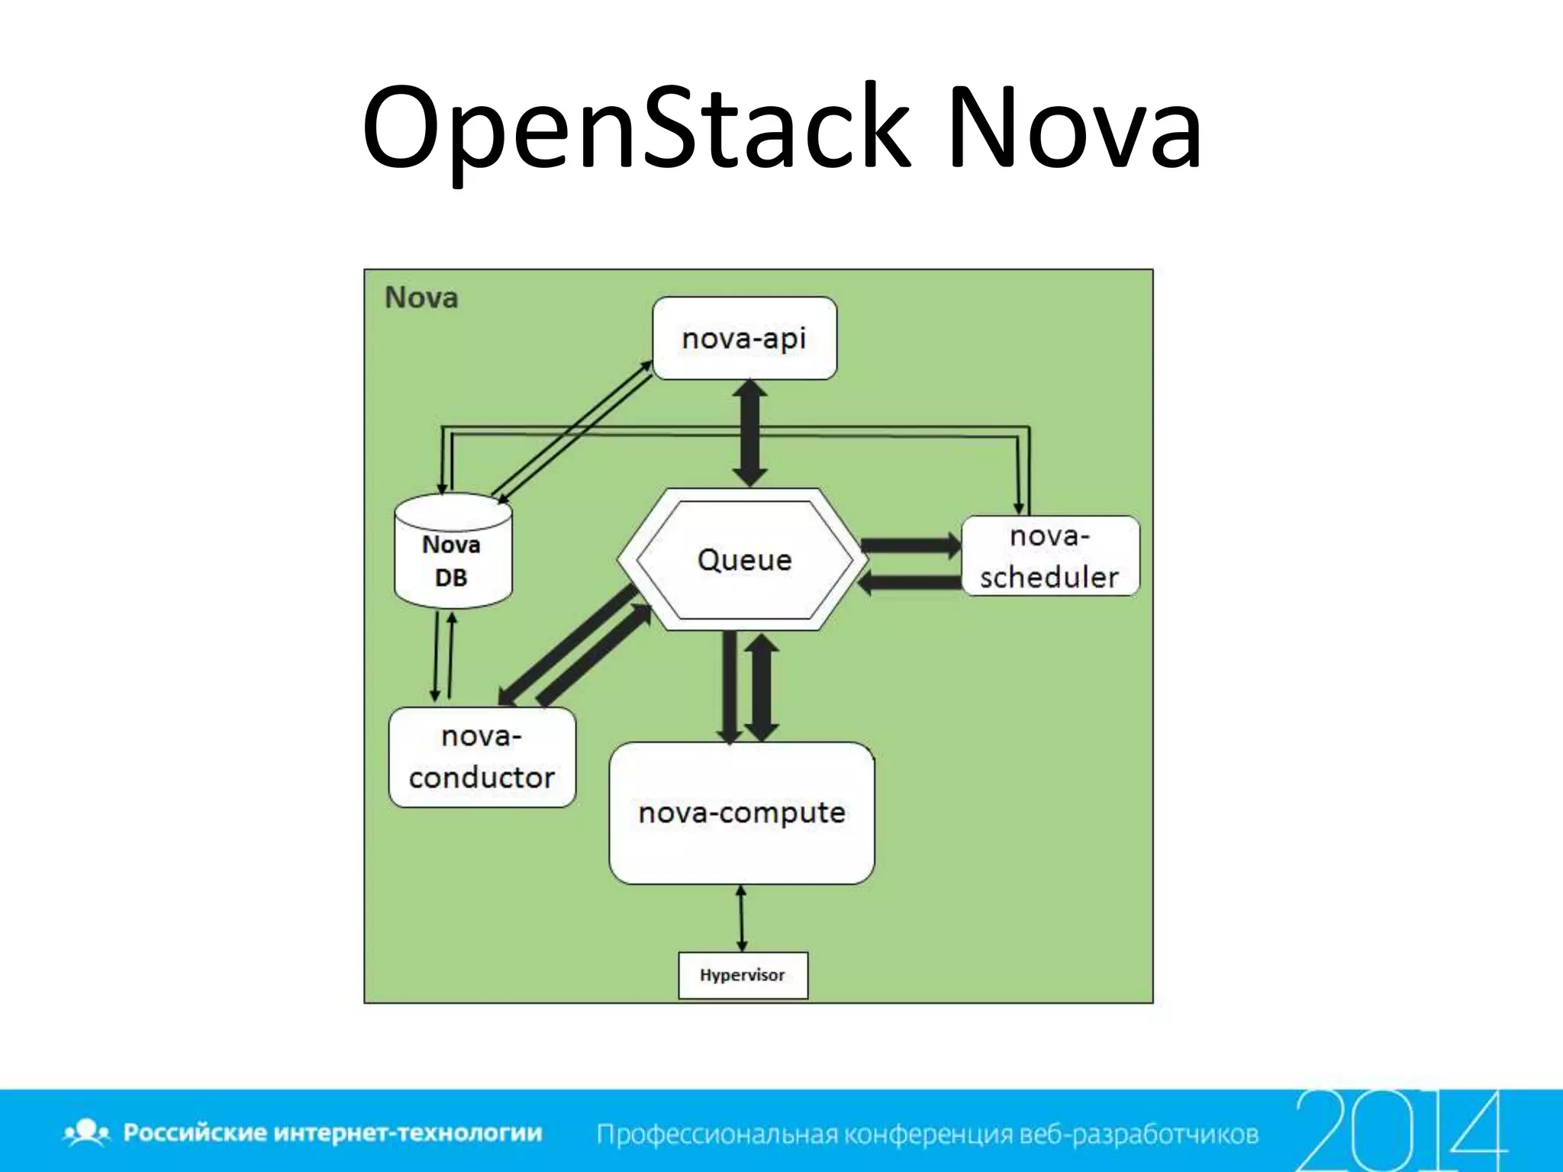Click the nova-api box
pyautogui.click(x=744, y=338)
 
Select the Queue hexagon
pyautogui.click(x=744, y=559)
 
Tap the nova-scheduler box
pyautogui.click(x=1049, y=556)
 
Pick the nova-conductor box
pyautogui.click(x=482, y=757)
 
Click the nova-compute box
pyautogui.click(x=741, y=813)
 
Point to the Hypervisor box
pyautogui.click(x=743, y=975)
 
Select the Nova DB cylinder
pyautogui.click(x=453, y=551)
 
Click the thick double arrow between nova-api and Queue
pyautogui.click(x=749, y=433)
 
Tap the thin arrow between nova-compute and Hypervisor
pyautogui.click(x=741, y=918)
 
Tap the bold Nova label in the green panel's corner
pyautogui.click(x=421, y=298)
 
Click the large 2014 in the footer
pyautogui.click(x=1401, y=1129)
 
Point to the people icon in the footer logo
pyautogui.click(x=87, y=1132)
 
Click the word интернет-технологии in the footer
pyautogui.click(x=408, y=1133)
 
